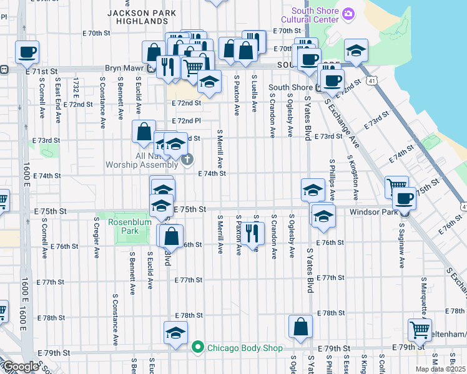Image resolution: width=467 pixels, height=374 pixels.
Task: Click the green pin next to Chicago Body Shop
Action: (x=198, y=347)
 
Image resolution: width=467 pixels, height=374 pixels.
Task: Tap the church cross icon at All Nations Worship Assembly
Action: (x=187, y=161)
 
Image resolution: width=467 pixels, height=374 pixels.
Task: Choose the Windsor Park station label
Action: (x=373, y=212)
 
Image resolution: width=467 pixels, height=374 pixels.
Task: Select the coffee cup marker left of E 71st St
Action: (x=27, y=52)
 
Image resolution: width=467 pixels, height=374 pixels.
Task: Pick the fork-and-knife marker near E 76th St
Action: (x=252, y=233)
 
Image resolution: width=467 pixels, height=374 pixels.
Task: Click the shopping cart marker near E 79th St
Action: (x=419, y=328)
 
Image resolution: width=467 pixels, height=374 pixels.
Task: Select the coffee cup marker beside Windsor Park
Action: (x=404, y=199)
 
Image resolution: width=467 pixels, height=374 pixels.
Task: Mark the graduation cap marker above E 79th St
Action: (x=175, y=332)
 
